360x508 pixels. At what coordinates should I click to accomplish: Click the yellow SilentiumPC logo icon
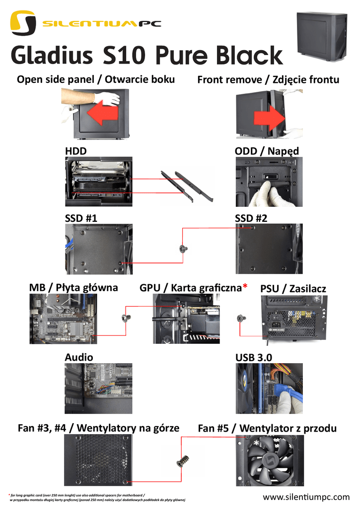23,23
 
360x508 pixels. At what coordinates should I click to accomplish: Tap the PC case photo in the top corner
322,36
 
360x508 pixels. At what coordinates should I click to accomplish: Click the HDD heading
75,151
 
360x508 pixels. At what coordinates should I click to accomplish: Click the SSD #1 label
81,218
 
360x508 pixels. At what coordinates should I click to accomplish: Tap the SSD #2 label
251,218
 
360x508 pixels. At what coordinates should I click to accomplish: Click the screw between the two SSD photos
183,248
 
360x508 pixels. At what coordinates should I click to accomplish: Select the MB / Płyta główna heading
73,288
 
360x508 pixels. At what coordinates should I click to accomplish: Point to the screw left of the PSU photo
241,318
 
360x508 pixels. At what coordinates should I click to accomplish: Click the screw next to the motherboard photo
125,317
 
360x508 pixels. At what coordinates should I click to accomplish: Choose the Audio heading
79,357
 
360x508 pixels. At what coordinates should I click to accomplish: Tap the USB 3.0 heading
253,357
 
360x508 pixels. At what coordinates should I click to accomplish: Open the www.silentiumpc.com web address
306,497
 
